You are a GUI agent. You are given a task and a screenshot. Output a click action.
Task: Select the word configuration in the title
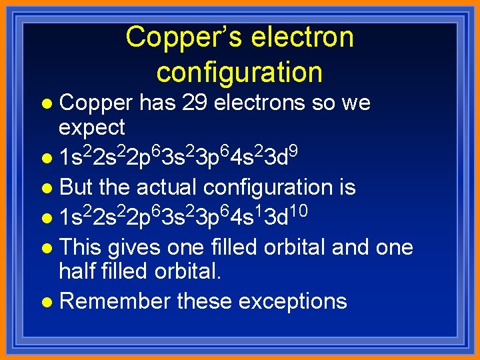tap(239, 71)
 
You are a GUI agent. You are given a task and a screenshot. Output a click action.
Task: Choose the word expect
tap(92, 127)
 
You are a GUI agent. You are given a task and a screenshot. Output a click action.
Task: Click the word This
tap(80, 247)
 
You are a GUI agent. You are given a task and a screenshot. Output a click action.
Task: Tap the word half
tap(79, 271)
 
